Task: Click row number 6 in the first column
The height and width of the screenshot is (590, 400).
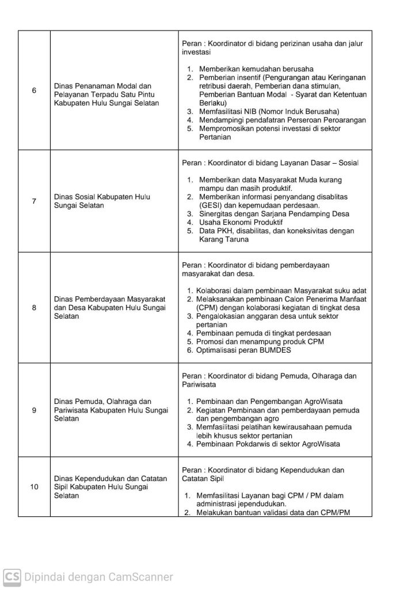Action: coord(34,90)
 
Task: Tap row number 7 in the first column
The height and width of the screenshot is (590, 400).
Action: coord(34,201)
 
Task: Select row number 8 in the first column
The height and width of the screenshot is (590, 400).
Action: coord(34,307)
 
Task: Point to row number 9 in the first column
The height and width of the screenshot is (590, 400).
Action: coord(34,410)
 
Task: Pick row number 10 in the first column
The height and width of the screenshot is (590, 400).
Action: coord(34,487)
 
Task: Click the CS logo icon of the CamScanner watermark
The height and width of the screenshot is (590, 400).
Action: coord(12,576)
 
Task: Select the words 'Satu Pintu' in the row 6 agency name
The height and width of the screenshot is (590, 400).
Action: coord(142,94)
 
